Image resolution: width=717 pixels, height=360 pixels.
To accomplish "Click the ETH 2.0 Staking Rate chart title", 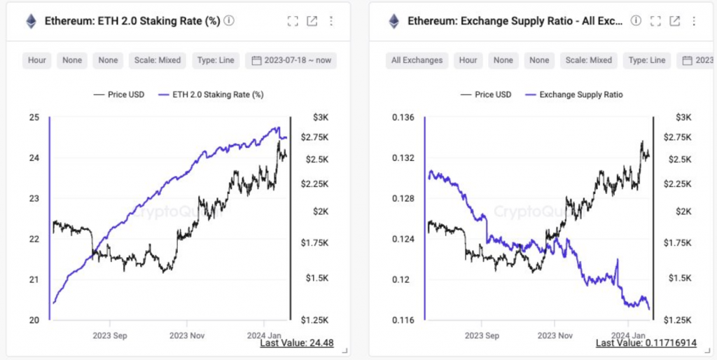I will click(133, 21).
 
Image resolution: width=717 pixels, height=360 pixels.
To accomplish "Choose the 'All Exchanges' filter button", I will click(417, 60).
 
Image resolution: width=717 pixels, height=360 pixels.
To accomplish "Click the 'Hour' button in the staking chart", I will click(37, 60).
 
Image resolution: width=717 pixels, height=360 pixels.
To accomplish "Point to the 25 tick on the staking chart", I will click(34, 117).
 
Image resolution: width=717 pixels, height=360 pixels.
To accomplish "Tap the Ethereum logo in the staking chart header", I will click(31, 22).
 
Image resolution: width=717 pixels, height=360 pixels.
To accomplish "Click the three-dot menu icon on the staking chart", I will click(331, 21).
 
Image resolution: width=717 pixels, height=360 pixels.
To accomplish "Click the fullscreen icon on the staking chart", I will click(293, 21).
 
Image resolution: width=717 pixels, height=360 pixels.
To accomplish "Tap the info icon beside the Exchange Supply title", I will click(636, 21).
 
